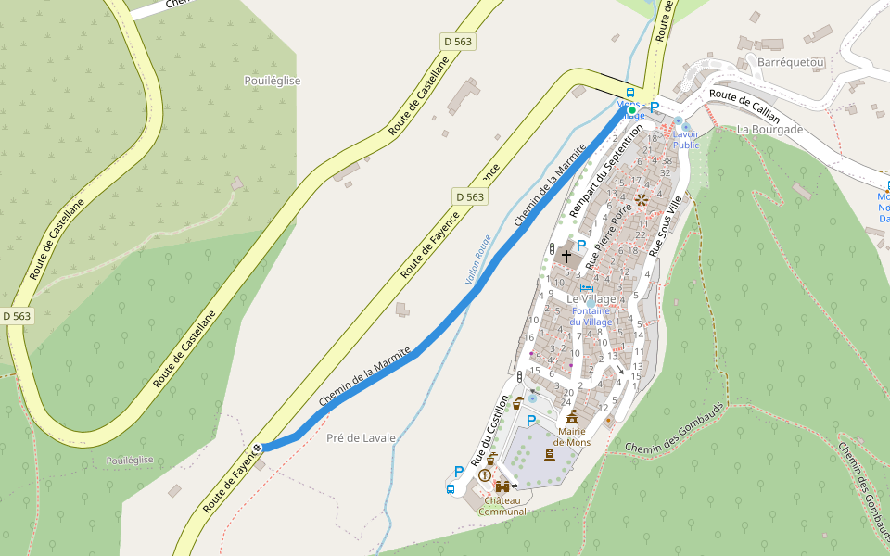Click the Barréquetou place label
coord(791,62)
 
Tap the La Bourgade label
coord(769,130)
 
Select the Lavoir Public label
coord(686,139)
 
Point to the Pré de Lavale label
coord(361,437)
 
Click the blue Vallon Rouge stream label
coord(478,259)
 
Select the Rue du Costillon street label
coord(490,430)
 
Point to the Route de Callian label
coord(744,106)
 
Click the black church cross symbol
coord(566,254)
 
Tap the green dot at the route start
coord(632,110)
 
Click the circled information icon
coord(485,475)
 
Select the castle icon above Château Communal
coord(502,486)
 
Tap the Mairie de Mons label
coord(572,436)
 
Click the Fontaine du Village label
coord(591,316)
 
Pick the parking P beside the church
coord(581,246)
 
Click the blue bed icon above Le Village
coord(586,288)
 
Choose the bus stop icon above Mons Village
coord(630,93)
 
